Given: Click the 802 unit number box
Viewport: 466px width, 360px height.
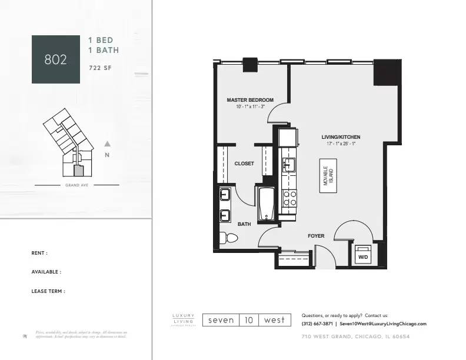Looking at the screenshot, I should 55,59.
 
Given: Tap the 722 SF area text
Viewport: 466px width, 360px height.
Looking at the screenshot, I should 99,68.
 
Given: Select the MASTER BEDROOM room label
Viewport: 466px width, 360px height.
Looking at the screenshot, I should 250,100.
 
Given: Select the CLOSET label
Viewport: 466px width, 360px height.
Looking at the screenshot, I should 244,164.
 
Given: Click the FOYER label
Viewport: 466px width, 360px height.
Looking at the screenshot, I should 316,236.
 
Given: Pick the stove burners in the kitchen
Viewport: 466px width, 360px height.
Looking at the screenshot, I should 289,198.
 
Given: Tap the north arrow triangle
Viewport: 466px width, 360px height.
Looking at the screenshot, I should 107,144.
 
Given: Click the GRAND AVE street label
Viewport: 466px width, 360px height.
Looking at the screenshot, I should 76,185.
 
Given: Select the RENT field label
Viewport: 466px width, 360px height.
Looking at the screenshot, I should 39,253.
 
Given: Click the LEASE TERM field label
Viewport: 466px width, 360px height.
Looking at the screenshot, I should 48,291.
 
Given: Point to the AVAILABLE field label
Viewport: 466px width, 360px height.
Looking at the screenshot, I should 46,272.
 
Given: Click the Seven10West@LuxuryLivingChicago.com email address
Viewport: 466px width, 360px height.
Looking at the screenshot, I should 383,324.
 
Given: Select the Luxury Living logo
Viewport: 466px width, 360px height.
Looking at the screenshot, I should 183,320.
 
